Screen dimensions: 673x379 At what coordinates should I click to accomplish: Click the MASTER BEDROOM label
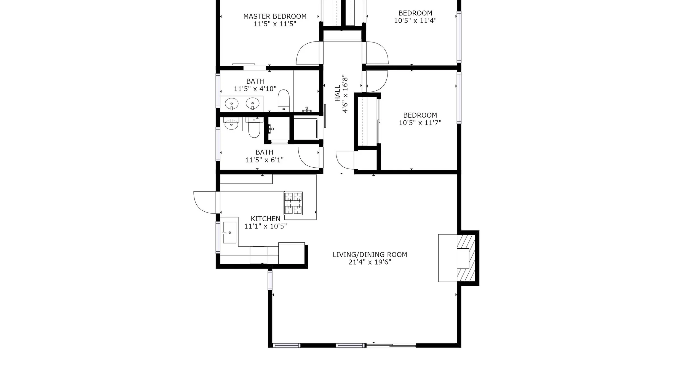[x=275, y=17]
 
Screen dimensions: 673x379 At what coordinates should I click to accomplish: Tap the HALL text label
[x=338, y=93]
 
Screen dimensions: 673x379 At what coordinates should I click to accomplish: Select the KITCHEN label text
[x=265, y=219]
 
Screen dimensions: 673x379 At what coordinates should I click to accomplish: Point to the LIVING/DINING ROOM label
[x=370, y=255]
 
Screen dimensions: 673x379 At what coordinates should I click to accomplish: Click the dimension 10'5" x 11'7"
[x=420, y=123]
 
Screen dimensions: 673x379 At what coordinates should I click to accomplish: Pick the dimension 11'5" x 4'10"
[x=255, y=89]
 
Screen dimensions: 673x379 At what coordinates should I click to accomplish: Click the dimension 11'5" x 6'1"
[x=264, y=160]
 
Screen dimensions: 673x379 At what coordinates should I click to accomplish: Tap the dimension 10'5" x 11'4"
[x=415, y=20]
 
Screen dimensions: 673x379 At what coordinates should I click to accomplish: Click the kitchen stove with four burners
[x=293, y=203]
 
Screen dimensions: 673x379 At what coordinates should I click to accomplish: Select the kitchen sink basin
[x=229, y=233]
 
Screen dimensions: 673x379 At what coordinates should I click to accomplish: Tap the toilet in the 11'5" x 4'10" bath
[x=284, y=101]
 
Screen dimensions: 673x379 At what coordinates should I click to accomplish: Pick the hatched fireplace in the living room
[x=466, y=258]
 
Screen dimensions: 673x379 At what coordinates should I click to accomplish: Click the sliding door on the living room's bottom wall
[x=391, y=345]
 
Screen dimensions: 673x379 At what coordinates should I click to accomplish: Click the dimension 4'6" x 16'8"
[x=345, y=93]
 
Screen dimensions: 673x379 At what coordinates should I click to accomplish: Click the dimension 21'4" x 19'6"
[x=370, y=262]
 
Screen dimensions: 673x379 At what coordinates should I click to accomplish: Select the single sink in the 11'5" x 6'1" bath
[x=231, y=124]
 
